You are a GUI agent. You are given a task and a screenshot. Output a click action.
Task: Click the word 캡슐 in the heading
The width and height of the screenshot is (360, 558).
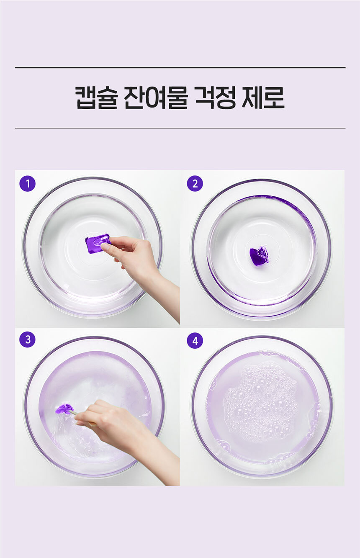tap(96, 98)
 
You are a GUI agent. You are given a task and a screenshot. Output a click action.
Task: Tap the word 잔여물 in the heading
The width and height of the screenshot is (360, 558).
tap(155, 98)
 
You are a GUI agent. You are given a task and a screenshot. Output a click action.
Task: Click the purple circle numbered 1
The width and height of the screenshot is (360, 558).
tap(27, 184)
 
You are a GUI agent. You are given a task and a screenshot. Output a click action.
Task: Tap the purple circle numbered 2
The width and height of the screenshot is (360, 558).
tap(195, 184)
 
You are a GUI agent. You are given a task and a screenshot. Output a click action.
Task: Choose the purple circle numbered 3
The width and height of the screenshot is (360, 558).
tap(27, 339)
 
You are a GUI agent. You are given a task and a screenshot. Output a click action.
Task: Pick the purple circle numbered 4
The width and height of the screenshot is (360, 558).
tap(195, 341)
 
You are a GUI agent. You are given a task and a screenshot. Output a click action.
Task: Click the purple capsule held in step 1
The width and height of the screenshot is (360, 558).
tap(98, 243)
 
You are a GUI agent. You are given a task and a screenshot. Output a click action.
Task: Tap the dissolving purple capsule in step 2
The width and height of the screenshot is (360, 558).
tap(259, 256)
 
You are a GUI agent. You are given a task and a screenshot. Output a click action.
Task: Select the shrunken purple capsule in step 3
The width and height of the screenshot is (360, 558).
tap(64, 409)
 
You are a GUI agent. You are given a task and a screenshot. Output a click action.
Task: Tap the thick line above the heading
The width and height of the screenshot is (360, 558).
tap(180, 67)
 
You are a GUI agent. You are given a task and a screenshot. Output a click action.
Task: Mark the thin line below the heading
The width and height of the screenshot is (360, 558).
tap(180, 128)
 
